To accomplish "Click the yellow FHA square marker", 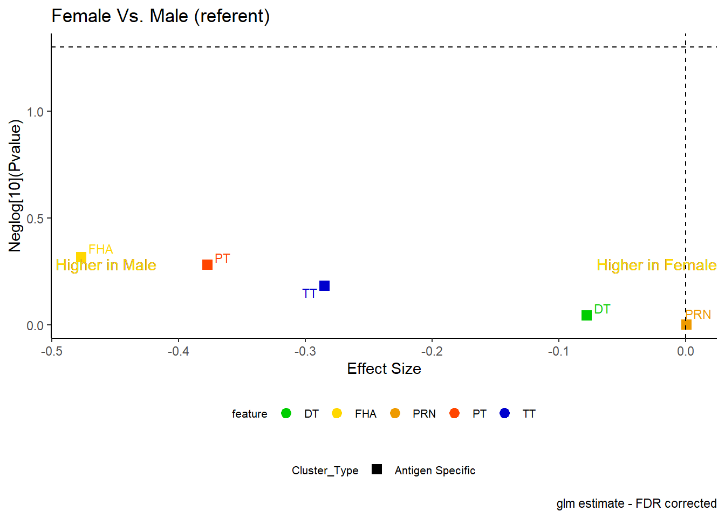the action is click(81, 258).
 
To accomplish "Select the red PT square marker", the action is click(207, 264).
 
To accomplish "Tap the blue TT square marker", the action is click(324, 285).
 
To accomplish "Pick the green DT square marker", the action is click(586, 315).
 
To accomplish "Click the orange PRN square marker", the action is click(686, 324).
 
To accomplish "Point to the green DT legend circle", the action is click(286, 413).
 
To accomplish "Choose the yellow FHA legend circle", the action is click(337, 413).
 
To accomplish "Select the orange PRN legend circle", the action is click(395, 413).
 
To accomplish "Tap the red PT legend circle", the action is click(454, 413).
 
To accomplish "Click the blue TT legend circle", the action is click(504, 413).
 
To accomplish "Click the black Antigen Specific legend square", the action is click(377, 469).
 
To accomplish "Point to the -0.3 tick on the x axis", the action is click(305, 340).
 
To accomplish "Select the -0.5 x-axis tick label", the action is click(52, 351).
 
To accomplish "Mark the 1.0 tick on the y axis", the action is click(50, 111).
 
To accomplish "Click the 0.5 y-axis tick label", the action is click(35, 219).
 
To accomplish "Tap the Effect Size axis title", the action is click(384, 369).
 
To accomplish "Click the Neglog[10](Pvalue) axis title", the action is click(15, 186).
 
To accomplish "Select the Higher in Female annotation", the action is click(656, 265).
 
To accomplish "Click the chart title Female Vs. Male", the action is click(161, 16).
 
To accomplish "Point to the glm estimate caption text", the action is click(637, 503).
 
